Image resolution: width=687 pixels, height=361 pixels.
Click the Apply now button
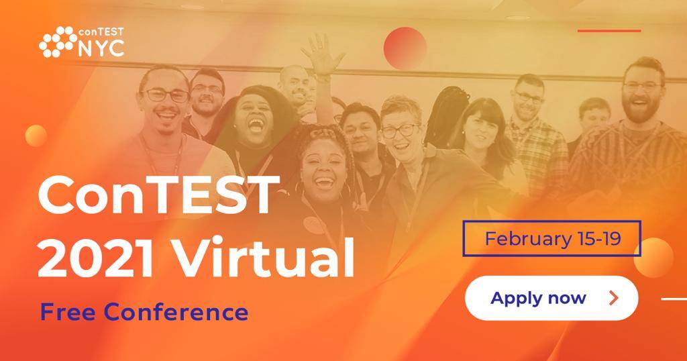click(551, 298)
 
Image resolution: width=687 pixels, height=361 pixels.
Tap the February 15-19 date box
click(552, 238)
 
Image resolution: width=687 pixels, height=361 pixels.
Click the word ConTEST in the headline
click(158, 195)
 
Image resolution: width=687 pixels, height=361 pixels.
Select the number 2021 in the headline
click(95, 259)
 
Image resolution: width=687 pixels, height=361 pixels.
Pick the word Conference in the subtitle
click(176, 312)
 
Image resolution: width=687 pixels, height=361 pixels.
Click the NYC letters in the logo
click(101, 48)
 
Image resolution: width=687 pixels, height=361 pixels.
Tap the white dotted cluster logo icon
click(58, 42)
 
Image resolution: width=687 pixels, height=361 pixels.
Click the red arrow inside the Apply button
click(615, 299)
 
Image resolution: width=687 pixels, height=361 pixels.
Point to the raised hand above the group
click(323, 54)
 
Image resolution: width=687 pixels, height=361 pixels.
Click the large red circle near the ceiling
click(405, 48)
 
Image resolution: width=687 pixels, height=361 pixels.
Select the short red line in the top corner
click(609, 31)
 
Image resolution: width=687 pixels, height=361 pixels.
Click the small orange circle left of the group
click(36, 136)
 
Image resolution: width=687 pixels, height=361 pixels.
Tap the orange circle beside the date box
click(653, 258)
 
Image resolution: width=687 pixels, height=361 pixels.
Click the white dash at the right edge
click(674, 299)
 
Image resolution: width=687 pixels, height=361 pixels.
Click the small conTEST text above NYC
click(101, 32)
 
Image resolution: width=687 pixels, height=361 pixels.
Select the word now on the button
click(567, 299)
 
